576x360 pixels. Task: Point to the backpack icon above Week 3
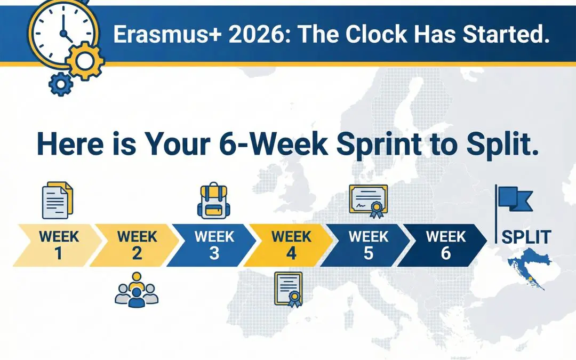coord(212,202)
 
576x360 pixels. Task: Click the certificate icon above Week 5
coord(368,202)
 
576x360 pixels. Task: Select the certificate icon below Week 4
coord(289,289)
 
